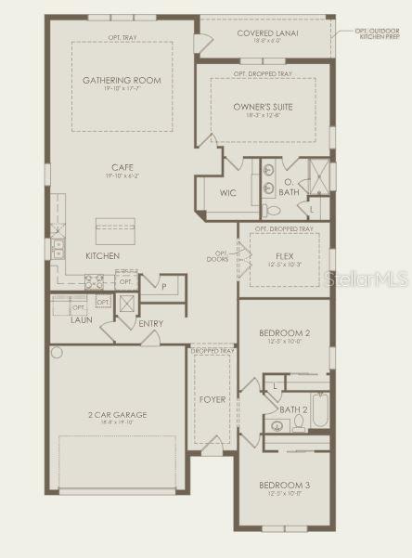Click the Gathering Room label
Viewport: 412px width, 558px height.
122,80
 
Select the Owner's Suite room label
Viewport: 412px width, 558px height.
263,107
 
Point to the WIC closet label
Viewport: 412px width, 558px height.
229,193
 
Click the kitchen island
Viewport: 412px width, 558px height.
115,229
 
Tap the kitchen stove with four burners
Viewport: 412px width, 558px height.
95,280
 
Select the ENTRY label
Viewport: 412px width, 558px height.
150,323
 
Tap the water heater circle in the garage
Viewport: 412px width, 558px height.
57,353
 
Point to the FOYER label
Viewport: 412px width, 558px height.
212,399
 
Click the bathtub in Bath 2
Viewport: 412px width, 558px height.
319,409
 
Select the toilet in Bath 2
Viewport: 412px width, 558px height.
298,423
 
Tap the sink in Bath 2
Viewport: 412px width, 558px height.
277,426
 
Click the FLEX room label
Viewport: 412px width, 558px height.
284,255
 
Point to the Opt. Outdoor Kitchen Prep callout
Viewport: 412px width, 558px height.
380,33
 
